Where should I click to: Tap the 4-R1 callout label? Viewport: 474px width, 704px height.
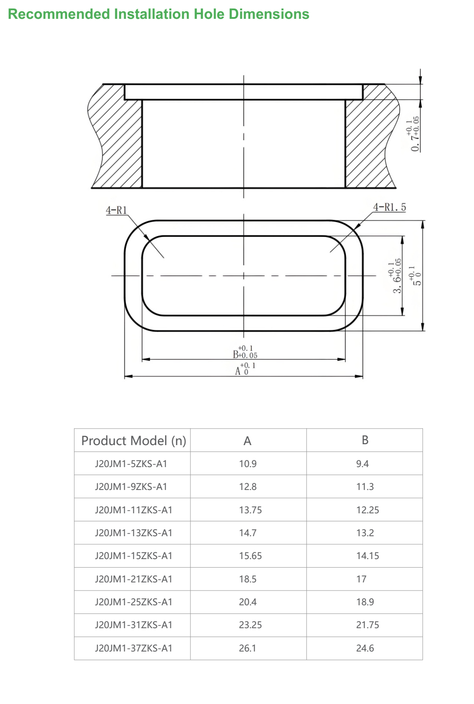coord(116,210)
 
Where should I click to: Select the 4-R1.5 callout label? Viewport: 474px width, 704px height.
coord(389,207)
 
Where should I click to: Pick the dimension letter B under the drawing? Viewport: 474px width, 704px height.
coord(236,354)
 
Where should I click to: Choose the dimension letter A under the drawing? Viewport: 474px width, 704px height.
coord(238,372)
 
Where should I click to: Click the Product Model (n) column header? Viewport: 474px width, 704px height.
coord(134,441)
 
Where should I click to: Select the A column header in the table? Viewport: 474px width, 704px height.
coord(247,441)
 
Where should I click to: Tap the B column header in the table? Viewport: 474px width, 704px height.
coord(365,440)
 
